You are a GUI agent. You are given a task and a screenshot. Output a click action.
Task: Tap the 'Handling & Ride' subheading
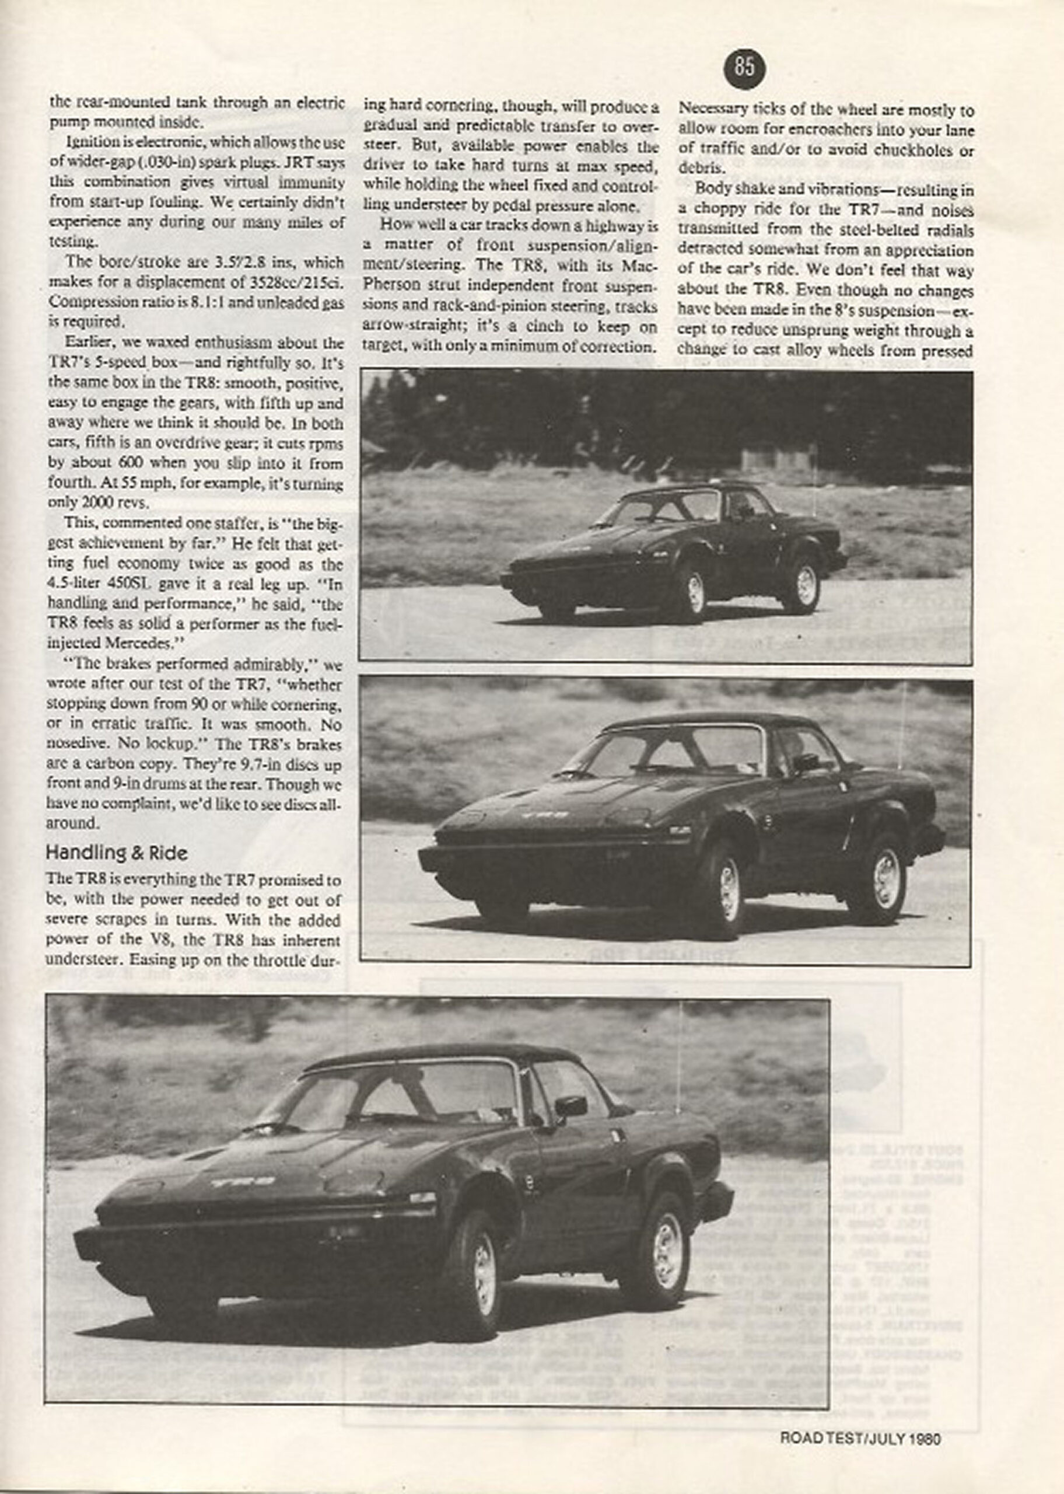116,853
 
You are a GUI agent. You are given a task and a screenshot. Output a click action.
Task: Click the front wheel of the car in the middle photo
728,889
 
